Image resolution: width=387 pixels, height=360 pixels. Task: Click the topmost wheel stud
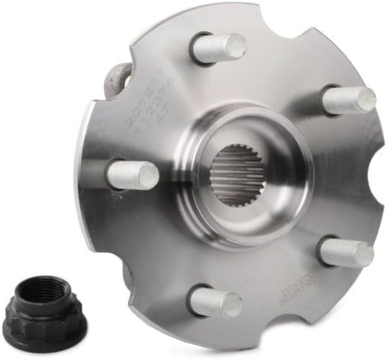coord(218,48)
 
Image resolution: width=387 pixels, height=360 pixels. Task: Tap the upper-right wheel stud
coord(348,100)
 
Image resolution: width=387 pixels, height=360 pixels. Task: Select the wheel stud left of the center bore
coord(132,175)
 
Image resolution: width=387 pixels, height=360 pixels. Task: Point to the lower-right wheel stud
coord(345,252)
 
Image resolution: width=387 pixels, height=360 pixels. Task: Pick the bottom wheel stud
coord(215,303)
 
